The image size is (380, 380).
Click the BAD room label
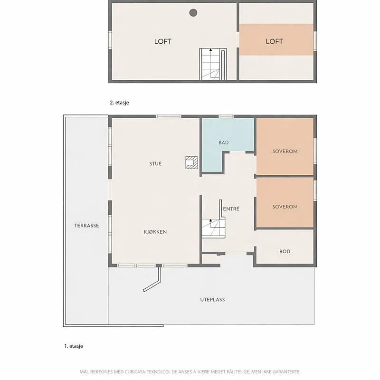coord(223,143)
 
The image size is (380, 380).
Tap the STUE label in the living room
coord(155,164)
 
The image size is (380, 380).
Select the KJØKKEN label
coord(155,232)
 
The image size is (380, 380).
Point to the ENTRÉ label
coord(231,209)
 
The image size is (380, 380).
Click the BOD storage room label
coord(285,252)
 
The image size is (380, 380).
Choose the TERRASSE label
coord(86,226)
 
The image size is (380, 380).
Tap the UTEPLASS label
coord(212,300)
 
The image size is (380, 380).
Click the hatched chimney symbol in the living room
coord(191,162)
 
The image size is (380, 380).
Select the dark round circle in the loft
coord(193,13)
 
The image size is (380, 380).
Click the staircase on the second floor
coord(213,64)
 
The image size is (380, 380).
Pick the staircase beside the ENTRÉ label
coord(213,228)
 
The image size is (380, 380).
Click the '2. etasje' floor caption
coord(119,103)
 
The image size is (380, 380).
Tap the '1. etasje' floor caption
coord(74,346)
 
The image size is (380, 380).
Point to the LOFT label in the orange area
coord(274,41)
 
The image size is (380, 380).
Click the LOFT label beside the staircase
coord(163,41)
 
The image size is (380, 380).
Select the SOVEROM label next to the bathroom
coord(285,152)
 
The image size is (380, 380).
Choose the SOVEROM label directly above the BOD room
coord(285,207)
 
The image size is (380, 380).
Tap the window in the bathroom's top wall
coord(226,116)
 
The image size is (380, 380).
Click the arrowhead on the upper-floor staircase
coord(210,50)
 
